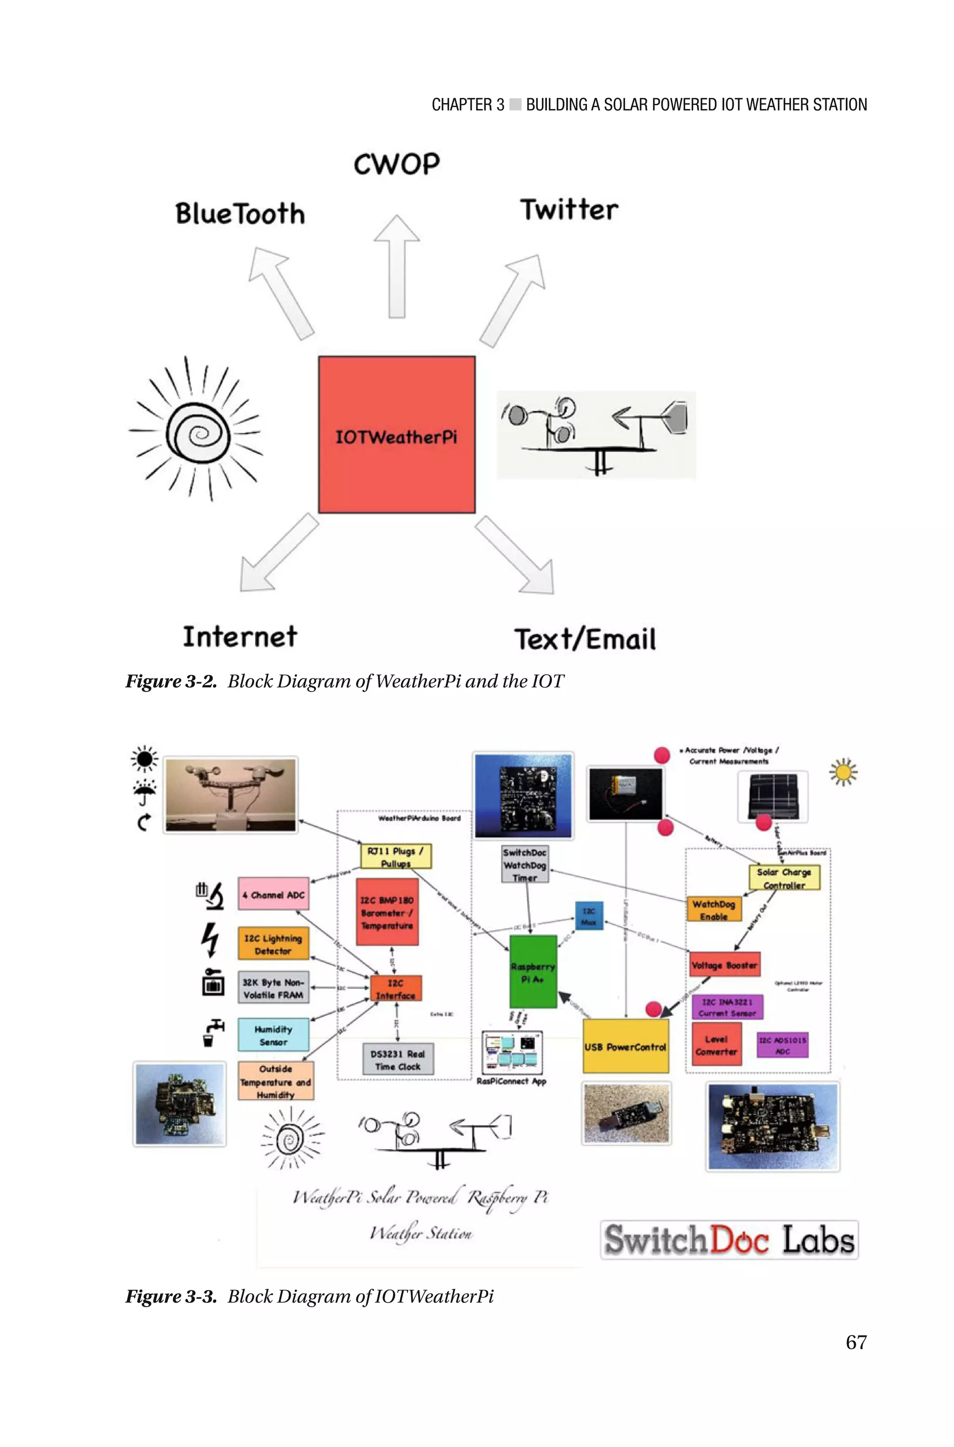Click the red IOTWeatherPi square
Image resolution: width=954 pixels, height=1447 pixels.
(x=397, y=434)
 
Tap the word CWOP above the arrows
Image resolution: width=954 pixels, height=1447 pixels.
(x=397, y=165)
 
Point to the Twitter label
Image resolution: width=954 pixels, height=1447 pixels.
(x=569, y=210)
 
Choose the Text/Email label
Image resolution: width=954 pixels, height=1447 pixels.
(x=585, y=639)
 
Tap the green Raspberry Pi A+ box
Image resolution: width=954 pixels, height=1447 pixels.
(x=533, y=972)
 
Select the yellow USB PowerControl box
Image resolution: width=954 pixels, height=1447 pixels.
(x=626, y=1047)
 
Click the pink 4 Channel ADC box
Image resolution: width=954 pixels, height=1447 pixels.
(x=273, y=894)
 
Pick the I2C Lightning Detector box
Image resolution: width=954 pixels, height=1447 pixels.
(x=273, y=944)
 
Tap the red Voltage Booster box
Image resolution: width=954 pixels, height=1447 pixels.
(x=724, y=965)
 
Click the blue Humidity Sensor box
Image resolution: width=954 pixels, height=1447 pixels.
(x=273, y=1035)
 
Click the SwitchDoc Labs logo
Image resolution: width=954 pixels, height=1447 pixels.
(x=729, y=1240)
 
